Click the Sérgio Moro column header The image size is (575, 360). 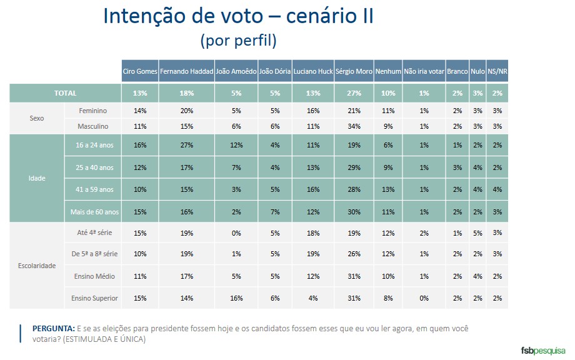click(354, 71)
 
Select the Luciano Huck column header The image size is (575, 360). click(312, 71)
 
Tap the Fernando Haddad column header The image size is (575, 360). click(186, 71)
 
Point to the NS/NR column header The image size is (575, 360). click(497, 71)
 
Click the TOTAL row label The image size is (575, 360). click(65, 93)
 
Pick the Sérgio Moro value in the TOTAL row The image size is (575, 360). click(354, 93)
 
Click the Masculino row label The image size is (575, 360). click(93, 126)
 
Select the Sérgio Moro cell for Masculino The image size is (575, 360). click(354, 126)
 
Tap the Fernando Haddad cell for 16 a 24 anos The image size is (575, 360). click(186, 145)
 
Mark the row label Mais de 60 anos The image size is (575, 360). click(93, 212)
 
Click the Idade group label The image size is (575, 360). click(37, 179)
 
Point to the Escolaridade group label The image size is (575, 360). click(37, 266)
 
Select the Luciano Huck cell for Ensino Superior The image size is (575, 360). click(312, 298)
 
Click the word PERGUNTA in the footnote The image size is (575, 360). click(52, 329)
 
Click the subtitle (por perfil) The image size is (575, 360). click(238, 41)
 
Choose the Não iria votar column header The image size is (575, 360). click(424, 71)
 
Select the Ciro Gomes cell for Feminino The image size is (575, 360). click(139, 111)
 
